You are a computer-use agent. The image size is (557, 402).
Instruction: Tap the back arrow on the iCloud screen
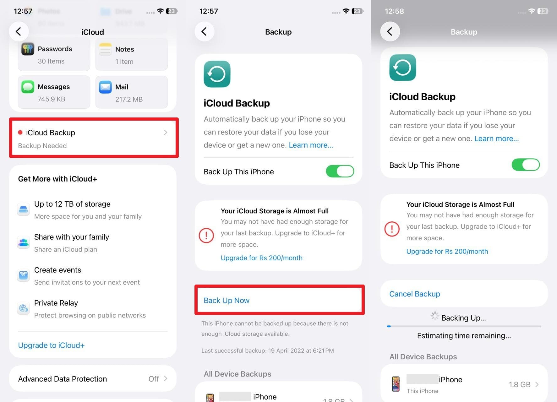click(19, 31)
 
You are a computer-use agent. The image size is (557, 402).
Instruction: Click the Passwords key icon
click(28, 49)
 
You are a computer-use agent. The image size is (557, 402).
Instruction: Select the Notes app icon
click(105, 49)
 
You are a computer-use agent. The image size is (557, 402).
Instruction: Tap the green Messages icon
click(28, 87)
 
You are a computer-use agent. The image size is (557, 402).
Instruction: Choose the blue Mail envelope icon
click(105, 87)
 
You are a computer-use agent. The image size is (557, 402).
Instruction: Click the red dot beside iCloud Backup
click(20, 133)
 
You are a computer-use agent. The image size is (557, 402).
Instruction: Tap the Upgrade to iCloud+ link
click(51, 345)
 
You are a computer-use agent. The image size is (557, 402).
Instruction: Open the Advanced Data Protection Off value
click(154, 379)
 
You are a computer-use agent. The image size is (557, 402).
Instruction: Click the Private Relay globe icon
click(23, 308)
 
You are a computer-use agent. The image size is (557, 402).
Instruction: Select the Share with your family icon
click(23, 242)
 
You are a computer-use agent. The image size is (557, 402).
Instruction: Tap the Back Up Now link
click(227, 300)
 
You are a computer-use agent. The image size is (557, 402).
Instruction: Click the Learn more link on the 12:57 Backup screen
click(311, 145)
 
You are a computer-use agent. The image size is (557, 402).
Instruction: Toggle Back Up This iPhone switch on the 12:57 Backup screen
click(340, 171)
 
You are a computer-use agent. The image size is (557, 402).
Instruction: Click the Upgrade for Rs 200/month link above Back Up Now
click(262, 258)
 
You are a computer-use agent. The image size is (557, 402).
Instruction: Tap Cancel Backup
click(415, 294)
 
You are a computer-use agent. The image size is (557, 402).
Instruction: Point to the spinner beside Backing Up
click(435, 316)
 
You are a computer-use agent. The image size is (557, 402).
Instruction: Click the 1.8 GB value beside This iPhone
click(520, 384)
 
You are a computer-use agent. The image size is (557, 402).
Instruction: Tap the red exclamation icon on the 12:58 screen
click(392, 229)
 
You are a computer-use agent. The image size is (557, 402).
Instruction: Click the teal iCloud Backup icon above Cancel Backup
click(402, 68)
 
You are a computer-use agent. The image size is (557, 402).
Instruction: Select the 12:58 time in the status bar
click(394, 11)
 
